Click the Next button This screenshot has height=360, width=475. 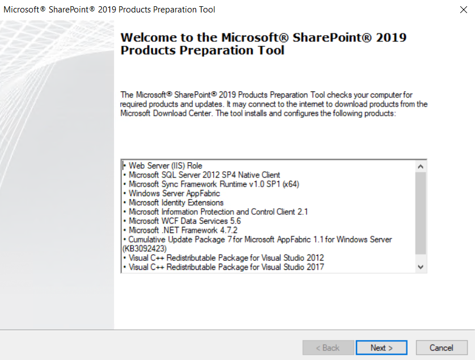381,348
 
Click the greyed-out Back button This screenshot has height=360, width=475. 328,348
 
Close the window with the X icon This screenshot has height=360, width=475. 464,10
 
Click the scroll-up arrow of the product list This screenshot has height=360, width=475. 421,166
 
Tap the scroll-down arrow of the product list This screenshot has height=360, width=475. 421,267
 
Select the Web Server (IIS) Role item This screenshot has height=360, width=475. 166,166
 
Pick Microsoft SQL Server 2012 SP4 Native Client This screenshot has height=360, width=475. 205,175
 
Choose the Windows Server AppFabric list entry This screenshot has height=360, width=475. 175,193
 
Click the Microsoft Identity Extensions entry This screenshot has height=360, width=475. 176,202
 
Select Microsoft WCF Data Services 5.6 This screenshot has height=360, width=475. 185,221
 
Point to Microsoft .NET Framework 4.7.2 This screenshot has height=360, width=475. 183,230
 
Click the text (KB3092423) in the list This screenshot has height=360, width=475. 145,249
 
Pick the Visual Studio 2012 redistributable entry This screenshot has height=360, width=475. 226,258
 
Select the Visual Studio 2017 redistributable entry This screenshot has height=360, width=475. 226,267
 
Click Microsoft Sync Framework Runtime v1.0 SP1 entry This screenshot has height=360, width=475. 214,184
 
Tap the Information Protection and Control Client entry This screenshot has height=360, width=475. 218,212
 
